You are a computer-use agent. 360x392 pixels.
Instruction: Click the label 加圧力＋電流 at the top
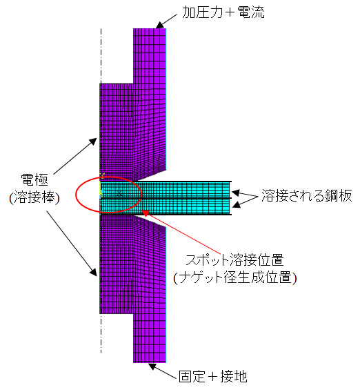pyautogui.click(x=223, y=12)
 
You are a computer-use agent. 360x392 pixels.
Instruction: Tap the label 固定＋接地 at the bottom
pyautogui.click(x=213, y=377)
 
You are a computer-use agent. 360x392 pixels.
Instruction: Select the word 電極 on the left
pyautogui.click(x=34, y=179)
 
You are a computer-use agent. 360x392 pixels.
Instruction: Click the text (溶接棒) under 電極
pyautogui.click(x=34, y=197)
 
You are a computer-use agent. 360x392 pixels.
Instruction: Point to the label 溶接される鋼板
pyautogui.click(x=307, y=195)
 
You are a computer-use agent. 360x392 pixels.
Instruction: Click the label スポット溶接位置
pyautogui.click(x=235, y=260)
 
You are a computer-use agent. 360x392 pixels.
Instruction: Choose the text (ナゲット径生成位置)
pyautogui.click(x=235, y=277)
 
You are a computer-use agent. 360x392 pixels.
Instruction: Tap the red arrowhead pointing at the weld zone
pyautogui.click(x=146, y=213)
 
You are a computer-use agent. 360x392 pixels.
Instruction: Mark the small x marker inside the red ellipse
pyautogui.click(x=120, y=193)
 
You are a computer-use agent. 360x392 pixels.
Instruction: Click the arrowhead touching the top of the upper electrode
pyautogui.click(x=159, y=25)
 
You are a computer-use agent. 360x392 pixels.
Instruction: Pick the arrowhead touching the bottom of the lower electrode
pyautogui.click(x=152, y=366)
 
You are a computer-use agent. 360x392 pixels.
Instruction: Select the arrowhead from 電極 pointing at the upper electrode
pyautogui.click(x=92, y=141)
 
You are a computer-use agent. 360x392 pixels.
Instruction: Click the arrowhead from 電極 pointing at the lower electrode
pyautogui.click(x=93, y=272)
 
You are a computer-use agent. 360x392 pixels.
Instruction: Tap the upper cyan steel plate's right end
pyautogui.click(x=230, y=190)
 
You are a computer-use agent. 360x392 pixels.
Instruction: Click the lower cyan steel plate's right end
pyautogui.click(x=230, y=206)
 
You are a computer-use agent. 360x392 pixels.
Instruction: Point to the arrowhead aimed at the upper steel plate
pyautogui.click(x=236, y=193)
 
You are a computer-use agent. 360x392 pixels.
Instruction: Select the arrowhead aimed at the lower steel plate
pyautogui.click(x=237, y=205)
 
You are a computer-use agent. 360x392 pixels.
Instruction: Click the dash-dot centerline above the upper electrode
pyautogui.click(x=101, y=55)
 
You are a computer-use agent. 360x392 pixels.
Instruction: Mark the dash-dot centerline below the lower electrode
pyautogui.click(x=101, y=333)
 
